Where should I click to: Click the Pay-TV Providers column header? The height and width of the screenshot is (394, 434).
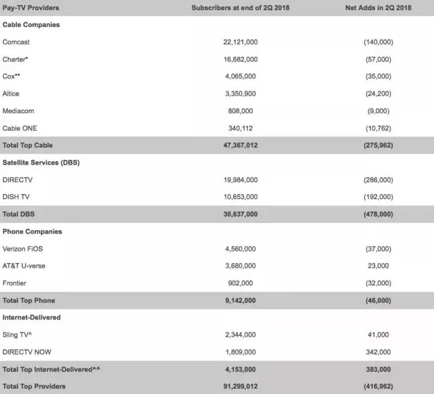31,7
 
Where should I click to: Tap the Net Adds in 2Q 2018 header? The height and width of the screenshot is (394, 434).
377,7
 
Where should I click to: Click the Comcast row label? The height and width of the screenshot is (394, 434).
16,42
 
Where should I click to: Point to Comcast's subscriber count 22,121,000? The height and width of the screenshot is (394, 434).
240,42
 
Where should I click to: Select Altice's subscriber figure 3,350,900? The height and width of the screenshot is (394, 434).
240,93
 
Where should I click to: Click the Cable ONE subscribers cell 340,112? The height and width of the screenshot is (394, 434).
240,128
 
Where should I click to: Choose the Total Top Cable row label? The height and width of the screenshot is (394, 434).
28,145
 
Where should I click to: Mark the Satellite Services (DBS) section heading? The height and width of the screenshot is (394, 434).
41,162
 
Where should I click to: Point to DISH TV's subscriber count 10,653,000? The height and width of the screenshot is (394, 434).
240,197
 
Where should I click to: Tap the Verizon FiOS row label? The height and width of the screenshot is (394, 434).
23,248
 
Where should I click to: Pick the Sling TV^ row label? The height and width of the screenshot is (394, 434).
19,335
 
